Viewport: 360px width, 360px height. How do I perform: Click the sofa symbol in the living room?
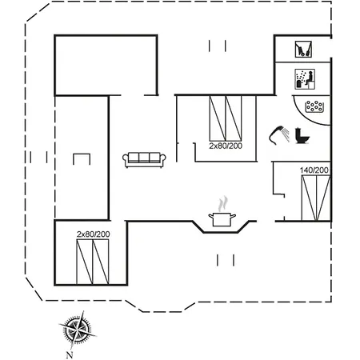pyautogui.click(x=144, y=160)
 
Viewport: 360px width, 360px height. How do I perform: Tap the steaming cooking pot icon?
pyautogui.click(x=222, y=212)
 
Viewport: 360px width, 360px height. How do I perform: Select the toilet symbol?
pyautogui.click(x=302, y=136)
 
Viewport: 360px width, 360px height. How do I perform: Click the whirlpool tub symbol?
pyautogui.click(x=314, y=106)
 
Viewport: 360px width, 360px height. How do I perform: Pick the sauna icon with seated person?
pyautogui.click(x=305, y=79)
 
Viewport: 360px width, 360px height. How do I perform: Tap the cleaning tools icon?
pyautogui.click(x=303, y=49)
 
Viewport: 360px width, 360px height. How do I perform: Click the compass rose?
pyautogui.click(x=78, y=329)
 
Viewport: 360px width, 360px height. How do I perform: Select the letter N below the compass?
pyautogui.click(x=70, y=354)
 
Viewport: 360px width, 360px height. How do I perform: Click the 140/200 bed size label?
pyautogui.click(x=314, y=170)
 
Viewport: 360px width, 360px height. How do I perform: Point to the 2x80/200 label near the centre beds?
pyautogui.click(x=226, y=146)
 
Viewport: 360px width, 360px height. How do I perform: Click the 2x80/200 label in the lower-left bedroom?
pyautogui.click(x=94, y=234)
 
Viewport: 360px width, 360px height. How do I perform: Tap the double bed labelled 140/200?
pyautogui.click(x=316, y=198)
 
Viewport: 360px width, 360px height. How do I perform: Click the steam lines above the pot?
pyautogui.click(x=223, y=204)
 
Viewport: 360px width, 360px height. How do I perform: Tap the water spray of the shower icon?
pyautogui.click(x=286, y=134)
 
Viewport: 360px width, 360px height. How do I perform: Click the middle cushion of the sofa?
pyautogui.click(x=144, y=158)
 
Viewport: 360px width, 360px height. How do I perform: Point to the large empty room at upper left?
pyautogui.click(x=106, y=65)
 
